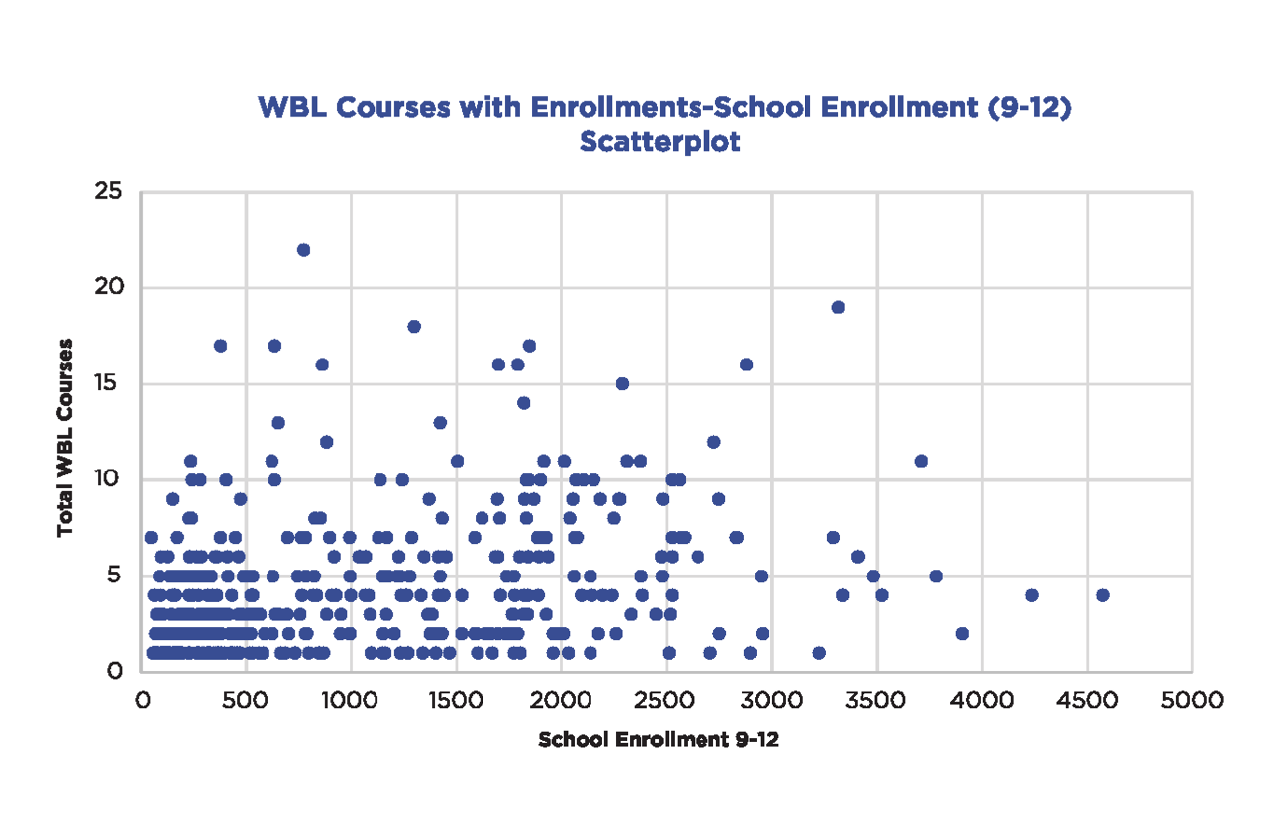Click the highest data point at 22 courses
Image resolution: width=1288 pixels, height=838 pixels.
coord(304,250)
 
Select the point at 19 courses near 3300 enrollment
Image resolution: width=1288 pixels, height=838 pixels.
coord(838,307)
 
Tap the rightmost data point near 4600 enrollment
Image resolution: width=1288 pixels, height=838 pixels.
coord(1103,595)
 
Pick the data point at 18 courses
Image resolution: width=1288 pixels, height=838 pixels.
coord(414,327)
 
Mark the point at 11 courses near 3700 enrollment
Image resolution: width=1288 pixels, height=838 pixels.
coord(921,461)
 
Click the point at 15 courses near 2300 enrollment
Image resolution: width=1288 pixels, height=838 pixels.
coord(622,384)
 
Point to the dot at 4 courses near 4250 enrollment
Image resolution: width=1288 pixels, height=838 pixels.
coord(1032,595)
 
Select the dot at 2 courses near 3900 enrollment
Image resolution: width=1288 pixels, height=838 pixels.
coord(962,633)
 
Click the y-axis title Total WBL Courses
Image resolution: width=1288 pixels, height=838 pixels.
coord(66,437)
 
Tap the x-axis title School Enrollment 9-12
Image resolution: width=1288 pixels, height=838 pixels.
coord(658,741)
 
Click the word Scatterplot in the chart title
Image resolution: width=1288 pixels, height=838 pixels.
coord(660,141)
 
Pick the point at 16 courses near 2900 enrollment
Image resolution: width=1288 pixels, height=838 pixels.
coord(746,365)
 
